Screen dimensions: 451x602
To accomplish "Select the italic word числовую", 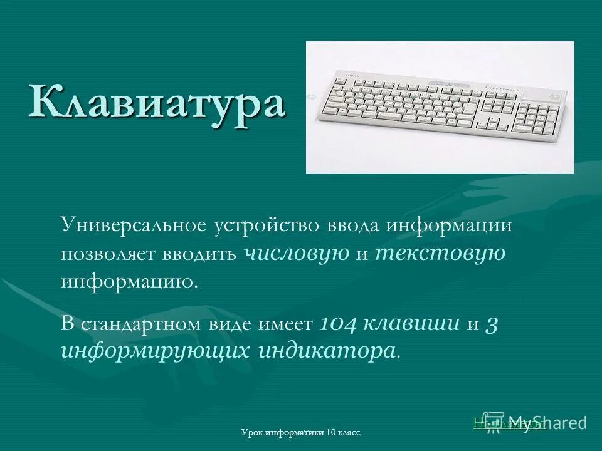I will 296,253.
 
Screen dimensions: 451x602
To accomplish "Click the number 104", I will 339,323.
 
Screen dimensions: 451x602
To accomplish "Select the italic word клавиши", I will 411,323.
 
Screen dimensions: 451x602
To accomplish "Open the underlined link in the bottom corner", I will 508,423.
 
